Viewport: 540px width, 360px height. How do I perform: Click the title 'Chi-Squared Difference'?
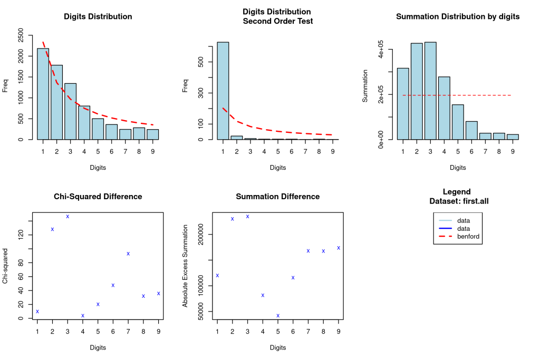point(98,197)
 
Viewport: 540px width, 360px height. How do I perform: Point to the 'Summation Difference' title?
point(277,197)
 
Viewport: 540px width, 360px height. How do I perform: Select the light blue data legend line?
point(446,220)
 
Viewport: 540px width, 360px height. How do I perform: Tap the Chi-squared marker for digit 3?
point(67,217)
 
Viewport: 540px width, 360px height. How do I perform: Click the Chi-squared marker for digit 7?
point(128,254)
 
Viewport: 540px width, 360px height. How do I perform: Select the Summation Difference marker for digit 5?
point(278,316)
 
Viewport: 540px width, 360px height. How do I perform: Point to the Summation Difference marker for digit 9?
point(339,248)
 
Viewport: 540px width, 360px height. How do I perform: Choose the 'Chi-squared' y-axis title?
point(5,266)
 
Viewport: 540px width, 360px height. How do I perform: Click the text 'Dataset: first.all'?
point(457,200)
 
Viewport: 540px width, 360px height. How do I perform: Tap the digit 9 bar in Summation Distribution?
point(512,137)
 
